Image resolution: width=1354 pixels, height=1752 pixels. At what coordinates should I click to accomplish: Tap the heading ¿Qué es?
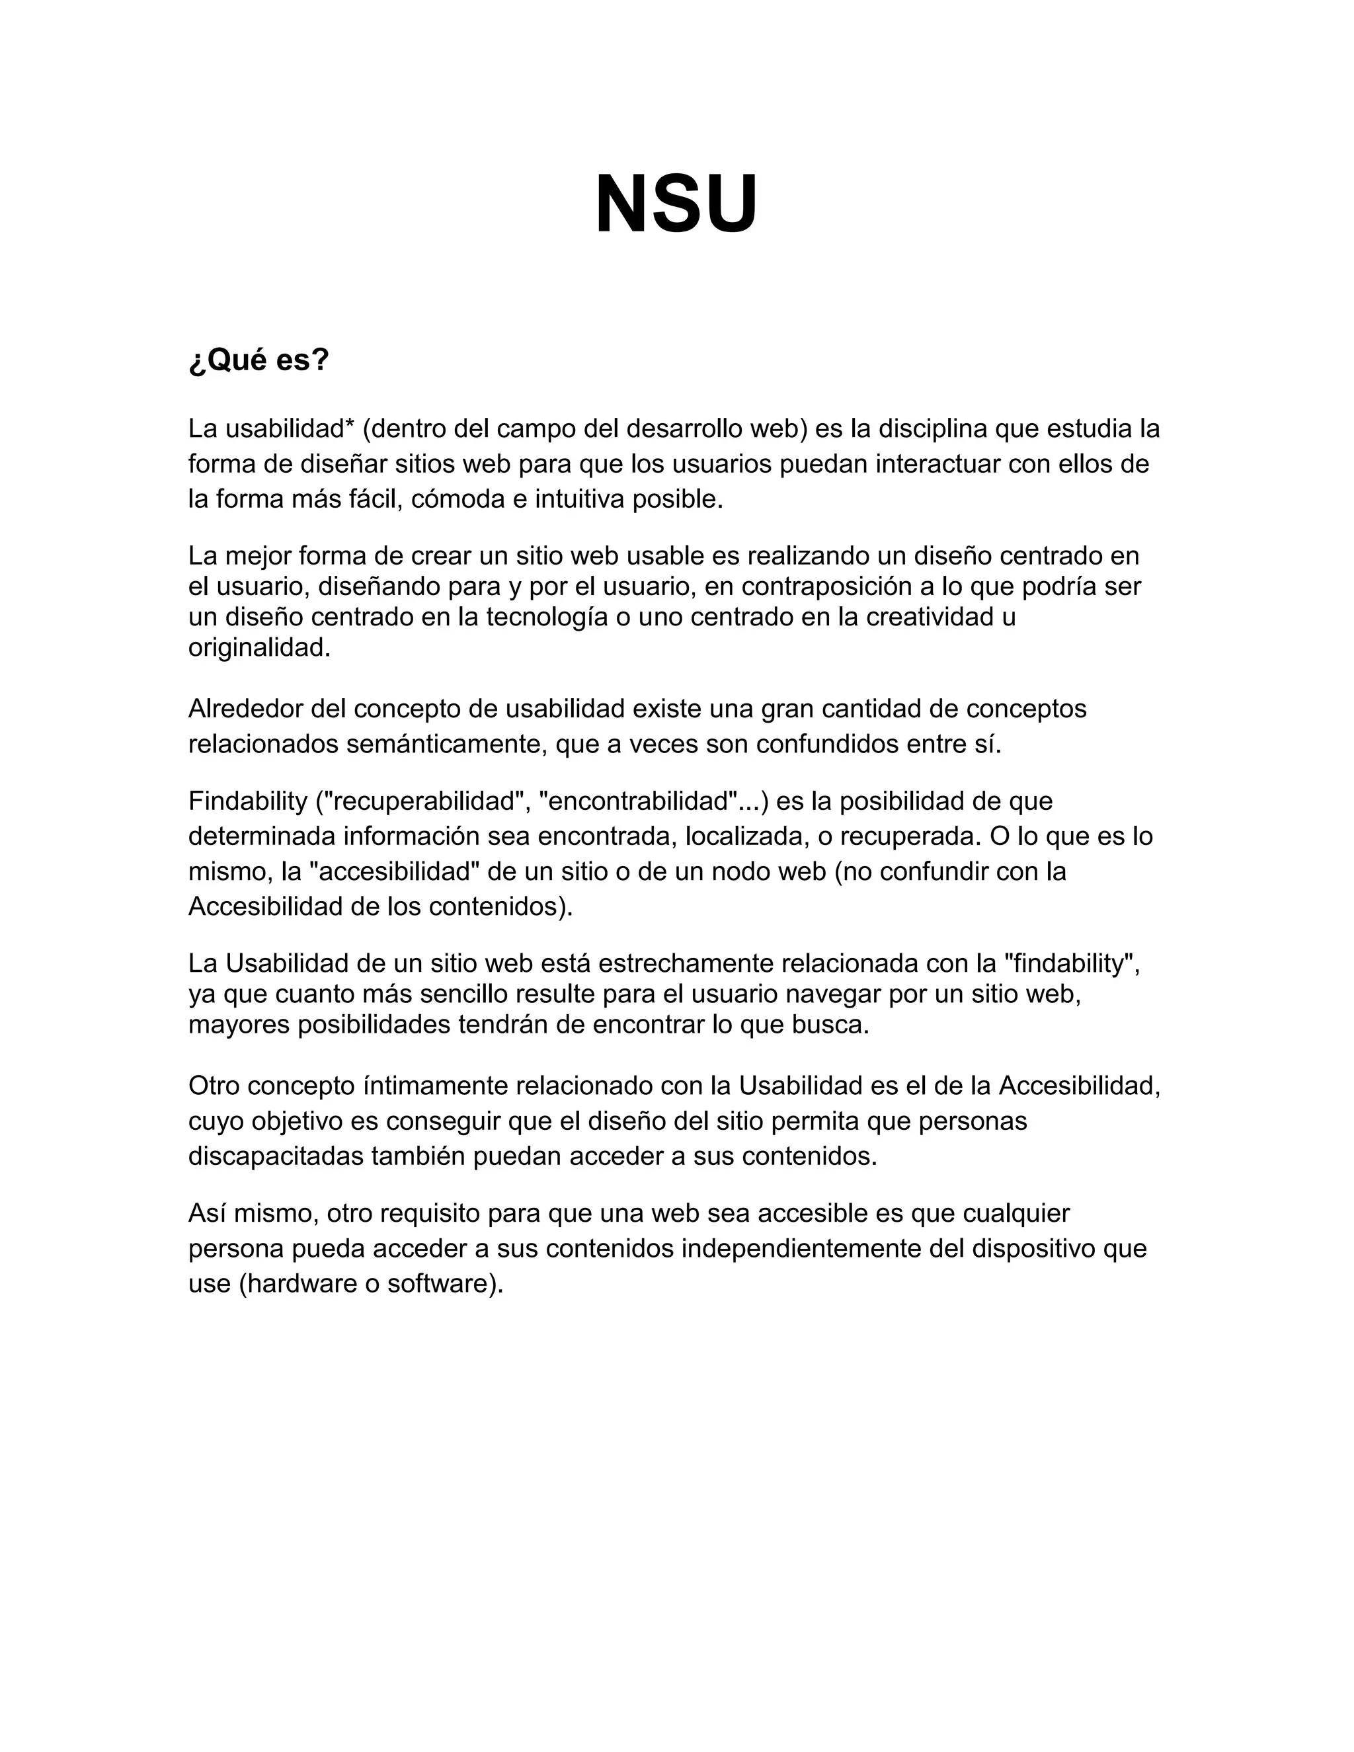click(x=259, y=360)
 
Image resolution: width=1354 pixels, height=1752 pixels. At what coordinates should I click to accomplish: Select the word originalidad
click(x=259, y=647)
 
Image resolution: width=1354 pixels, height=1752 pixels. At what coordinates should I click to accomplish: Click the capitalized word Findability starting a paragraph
click(x=248, y=801)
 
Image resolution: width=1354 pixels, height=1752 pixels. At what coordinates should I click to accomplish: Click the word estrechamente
click(x=686, y=963)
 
